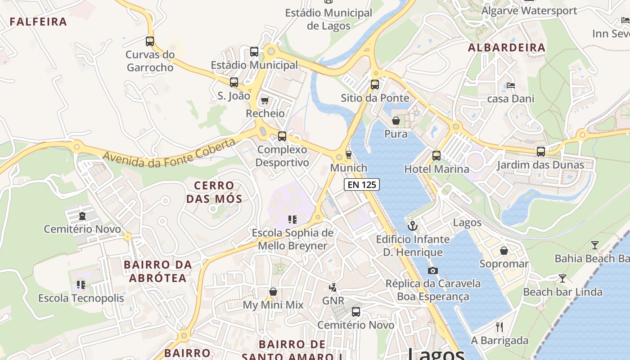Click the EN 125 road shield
point(362,184)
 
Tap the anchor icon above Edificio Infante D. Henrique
point(413,226)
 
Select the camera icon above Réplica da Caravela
point(433,270)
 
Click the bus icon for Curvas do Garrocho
point(150,41)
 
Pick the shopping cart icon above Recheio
point(265,100)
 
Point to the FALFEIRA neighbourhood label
point(38,22)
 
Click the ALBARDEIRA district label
point(507,48)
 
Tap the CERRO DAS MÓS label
point(214,192)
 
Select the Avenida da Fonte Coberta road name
point(169,153)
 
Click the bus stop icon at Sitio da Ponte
point(374,85)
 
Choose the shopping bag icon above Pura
point(396,121)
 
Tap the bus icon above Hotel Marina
point(436,156)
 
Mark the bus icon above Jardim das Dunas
point(540,152)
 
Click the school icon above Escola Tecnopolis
point(81,284)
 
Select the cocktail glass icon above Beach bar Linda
point(562,279)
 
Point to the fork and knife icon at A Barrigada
point(499,327)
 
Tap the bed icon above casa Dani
point(510,85)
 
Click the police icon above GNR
point(333,287)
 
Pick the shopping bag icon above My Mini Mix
point(273,292)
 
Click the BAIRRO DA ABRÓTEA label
point(158,271)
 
